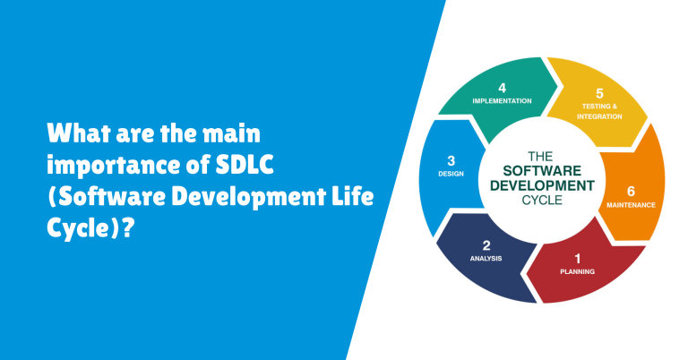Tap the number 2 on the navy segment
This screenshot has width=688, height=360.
486,244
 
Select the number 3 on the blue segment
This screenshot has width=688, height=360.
451,161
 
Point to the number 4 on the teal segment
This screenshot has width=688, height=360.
502,88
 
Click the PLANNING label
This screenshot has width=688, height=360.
577,270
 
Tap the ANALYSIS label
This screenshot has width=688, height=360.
486,259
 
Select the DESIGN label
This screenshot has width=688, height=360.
451,174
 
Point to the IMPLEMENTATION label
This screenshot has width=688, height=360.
502,101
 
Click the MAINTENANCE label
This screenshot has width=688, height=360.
630,205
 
